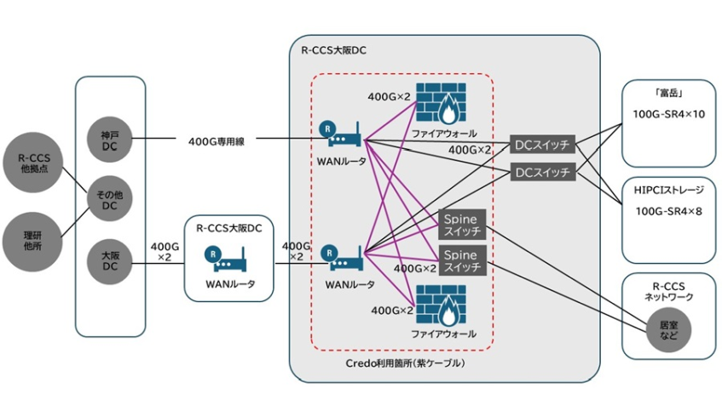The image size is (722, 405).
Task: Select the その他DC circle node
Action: click(110, 201)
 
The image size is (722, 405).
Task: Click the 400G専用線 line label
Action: click(217, 141)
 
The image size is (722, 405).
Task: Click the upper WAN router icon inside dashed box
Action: click(340, 134)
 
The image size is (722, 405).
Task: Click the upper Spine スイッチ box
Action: click(461, 224)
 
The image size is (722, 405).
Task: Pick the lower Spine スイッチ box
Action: click(461, 260)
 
